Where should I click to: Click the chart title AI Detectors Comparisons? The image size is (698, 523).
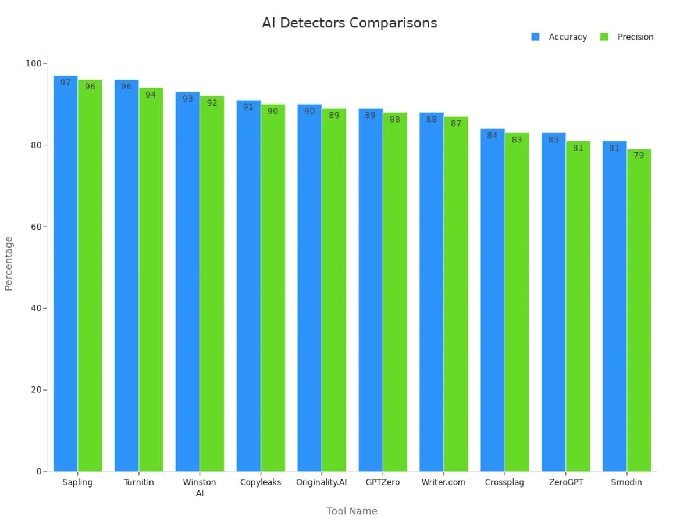tap(349, 23)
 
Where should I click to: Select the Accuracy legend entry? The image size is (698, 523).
tap(567, 37)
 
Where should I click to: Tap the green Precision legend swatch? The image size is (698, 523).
tap(604, 37)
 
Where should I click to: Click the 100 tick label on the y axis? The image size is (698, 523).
tap(33, 63)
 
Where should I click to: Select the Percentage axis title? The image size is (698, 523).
tap(9, 263)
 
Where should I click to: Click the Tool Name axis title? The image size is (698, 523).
tap(352, 511)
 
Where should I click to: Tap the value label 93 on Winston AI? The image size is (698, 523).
tap(187, 99)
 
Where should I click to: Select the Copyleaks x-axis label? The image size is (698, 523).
tap(261, 482)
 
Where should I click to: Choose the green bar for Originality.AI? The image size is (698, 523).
tap(334, 291)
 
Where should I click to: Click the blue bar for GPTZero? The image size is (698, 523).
tap(371, 291)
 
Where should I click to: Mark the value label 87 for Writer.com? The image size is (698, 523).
tap(456, 124)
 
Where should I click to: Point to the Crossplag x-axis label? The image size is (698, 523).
tap(504, 482)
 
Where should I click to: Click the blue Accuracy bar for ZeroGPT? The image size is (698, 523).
tap(553, 302)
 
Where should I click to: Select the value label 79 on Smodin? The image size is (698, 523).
tap(639, 156)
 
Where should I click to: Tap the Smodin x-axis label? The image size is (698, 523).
tap(626, 482)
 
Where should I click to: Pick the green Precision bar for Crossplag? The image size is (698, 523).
tap(517, 302)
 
